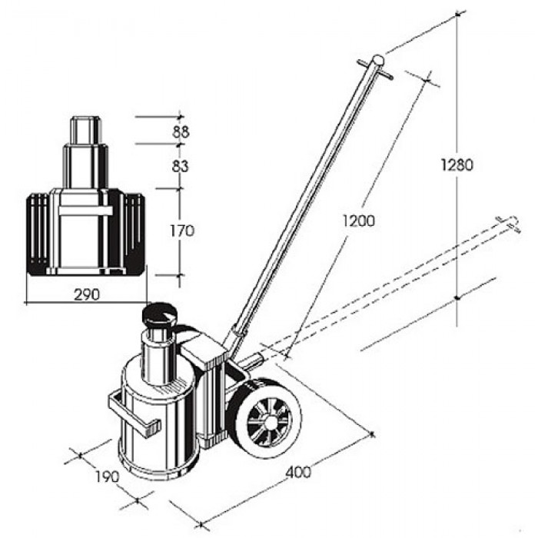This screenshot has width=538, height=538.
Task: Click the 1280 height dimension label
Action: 457,165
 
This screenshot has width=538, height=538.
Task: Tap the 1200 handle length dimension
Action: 359,221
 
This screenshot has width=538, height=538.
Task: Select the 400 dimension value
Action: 298,473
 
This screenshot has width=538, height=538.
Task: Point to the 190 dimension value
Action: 107,477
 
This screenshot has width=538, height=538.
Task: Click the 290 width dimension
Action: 87,294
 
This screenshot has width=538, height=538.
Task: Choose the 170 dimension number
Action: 182,231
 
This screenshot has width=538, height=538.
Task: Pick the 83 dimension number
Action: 181,167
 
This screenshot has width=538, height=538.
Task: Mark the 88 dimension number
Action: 181,131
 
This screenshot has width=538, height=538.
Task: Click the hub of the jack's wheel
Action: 269,422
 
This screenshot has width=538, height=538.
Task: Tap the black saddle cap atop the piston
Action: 159,315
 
